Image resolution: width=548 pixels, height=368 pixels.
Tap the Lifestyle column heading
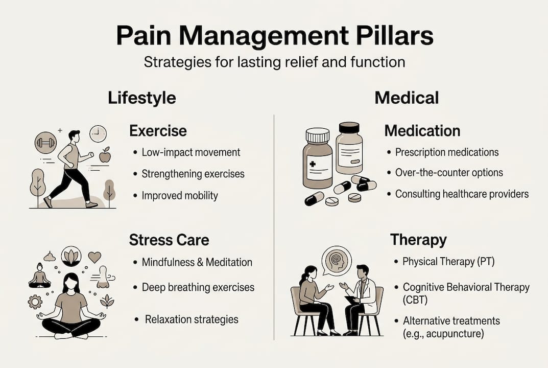point(142,98)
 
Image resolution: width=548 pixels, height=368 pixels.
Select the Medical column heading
point(407,98)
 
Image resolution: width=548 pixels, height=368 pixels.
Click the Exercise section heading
point(158,131)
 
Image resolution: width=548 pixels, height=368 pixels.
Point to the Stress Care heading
point(169,240)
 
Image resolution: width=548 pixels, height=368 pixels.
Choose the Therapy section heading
point(418,240)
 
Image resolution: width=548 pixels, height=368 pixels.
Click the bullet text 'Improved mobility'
point(180,195)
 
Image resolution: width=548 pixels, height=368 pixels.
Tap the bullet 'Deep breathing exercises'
point(198,287)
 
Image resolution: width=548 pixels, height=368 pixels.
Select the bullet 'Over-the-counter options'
point(449,172)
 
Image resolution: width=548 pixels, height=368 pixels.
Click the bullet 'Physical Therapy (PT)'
point(448,262)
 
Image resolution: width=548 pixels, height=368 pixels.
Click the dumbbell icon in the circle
point(46,143)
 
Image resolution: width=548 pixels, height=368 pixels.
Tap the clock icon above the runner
point(98,134)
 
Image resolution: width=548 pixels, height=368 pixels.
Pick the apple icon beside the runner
point(105,155)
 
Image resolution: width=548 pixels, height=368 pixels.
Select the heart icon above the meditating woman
point(94,257)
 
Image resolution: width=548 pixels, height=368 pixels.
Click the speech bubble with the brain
point(337,259)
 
